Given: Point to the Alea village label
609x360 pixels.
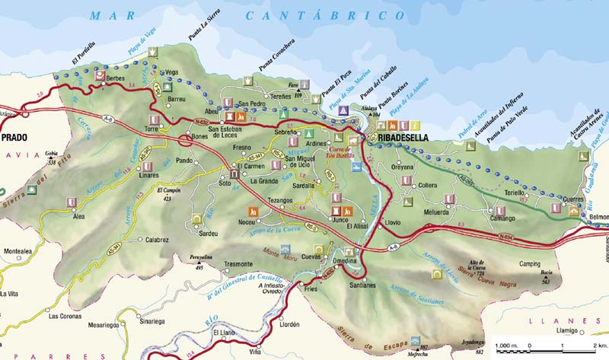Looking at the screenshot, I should pyautogui.click(x=78, y=216).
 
